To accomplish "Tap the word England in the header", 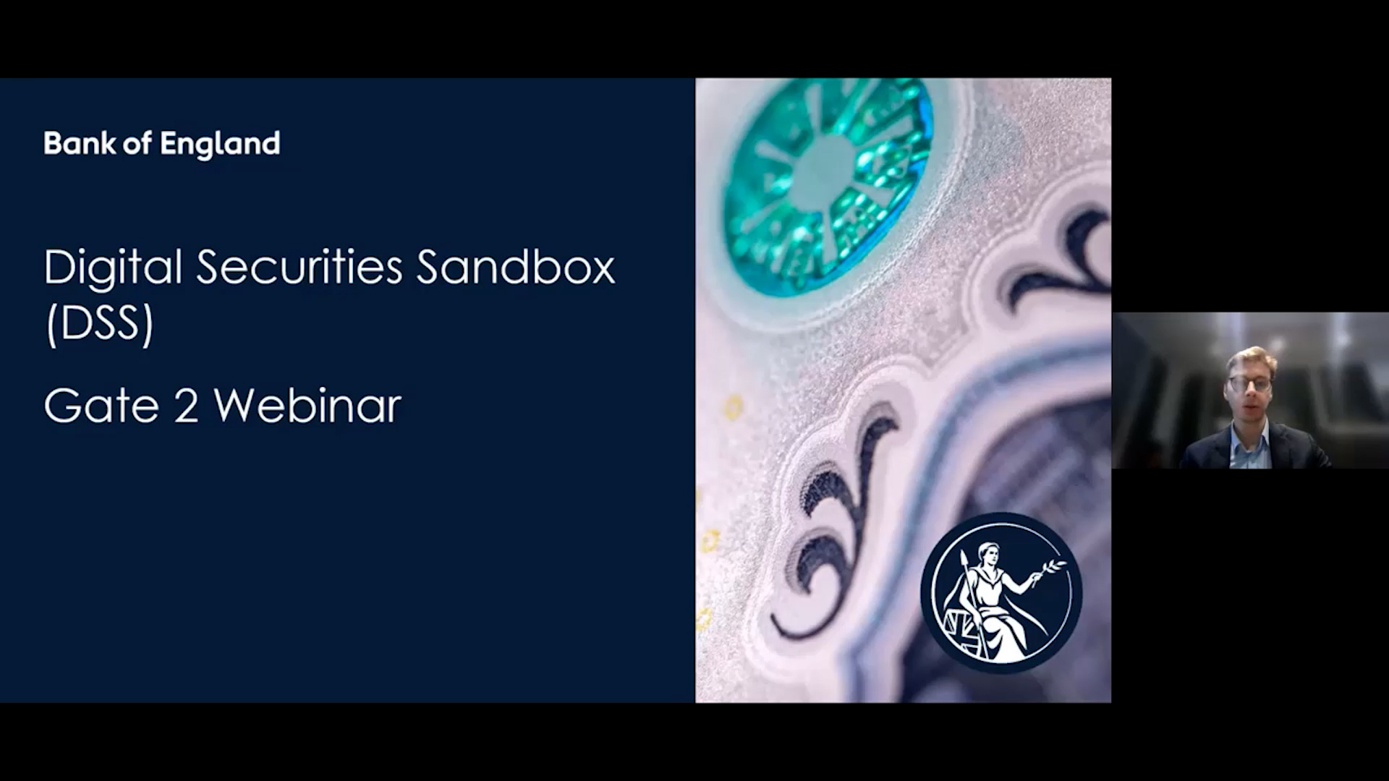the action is tap(220, 145).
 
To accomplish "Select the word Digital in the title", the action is tap(113, 267).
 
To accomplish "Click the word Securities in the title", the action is tap(299, 267).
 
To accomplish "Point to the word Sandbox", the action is tap(516, 267).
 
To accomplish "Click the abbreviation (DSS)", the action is tap(100, 323).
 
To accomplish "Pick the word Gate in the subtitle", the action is tap(101, 406).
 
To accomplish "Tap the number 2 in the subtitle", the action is tap(186, 406).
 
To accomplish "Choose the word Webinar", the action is tap(307, 405).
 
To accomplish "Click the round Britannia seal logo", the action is tap(1001, 593).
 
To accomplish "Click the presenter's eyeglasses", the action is tap(1249, 383).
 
